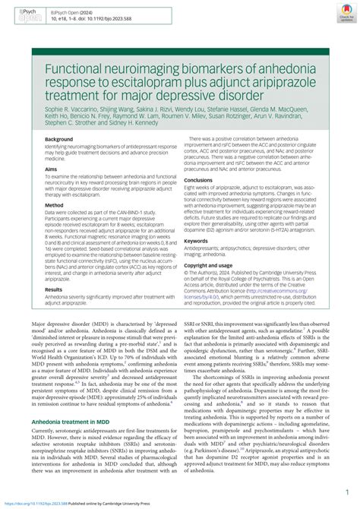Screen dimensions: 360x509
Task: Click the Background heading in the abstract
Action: (x=58, y=140)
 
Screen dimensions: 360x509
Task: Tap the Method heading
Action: (x=54, y=205)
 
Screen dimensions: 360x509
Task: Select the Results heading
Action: (x=54, y=268)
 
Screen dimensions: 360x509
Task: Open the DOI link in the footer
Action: (x=41, y=503)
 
